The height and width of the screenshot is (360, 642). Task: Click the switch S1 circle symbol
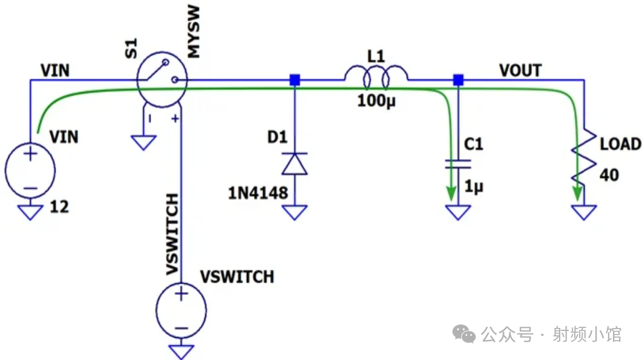click(162, 79)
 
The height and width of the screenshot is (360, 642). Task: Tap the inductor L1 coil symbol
click(376, 77)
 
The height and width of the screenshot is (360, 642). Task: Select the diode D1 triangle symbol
click(295, 164)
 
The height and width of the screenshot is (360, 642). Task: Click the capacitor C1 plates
click(458, 164)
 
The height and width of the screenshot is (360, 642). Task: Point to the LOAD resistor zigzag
click(584, 159)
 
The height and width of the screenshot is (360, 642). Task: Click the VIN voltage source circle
click(30, 171)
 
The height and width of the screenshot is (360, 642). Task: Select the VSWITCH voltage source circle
click(181, 310)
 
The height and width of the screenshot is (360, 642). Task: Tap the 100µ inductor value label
click(376, 101)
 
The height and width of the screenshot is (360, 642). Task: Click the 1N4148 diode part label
click(258, 193)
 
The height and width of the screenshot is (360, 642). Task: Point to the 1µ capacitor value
click(474, 187)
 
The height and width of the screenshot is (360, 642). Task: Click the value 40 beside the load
click(609, 175)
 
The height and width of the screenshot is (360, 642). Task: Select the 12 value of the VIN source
click(59, 207)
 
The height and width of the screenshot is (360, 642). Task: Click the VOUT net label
click(520, 71)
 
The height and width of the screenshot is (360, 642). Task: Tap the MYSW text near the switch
click(193, 31)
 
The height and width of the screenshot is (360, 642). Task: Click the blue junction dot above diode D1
click(295, 80)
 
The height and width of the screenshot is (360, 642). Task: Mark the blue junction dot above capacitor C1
click(458, 80)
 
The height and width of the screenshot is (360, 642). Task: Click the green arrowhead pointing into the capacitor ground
click(451, 194)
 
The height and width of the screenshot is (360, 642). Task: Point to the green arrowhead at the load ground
click(577, 194)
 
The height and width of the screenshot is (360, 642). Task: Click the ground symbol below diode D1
click(295, 212)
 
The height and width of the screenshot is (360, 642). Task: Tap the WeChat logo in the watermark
click(464, 334)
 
